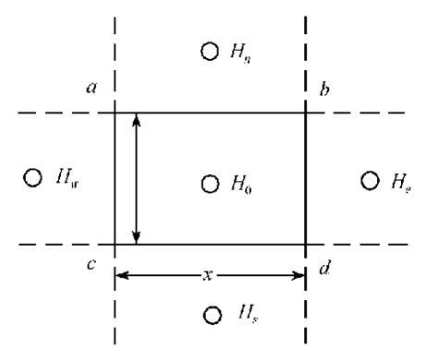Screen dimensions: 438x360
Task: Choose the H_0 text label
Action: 241,184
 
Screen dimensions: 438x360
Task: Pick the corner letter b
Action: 324,89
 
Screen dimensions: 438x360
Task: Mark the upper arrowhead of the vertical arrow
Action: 137,121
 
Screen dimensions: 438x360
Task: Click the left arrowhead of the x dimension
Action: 121,274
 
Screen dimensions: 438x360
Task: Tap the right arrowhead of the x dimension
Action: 298,274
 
